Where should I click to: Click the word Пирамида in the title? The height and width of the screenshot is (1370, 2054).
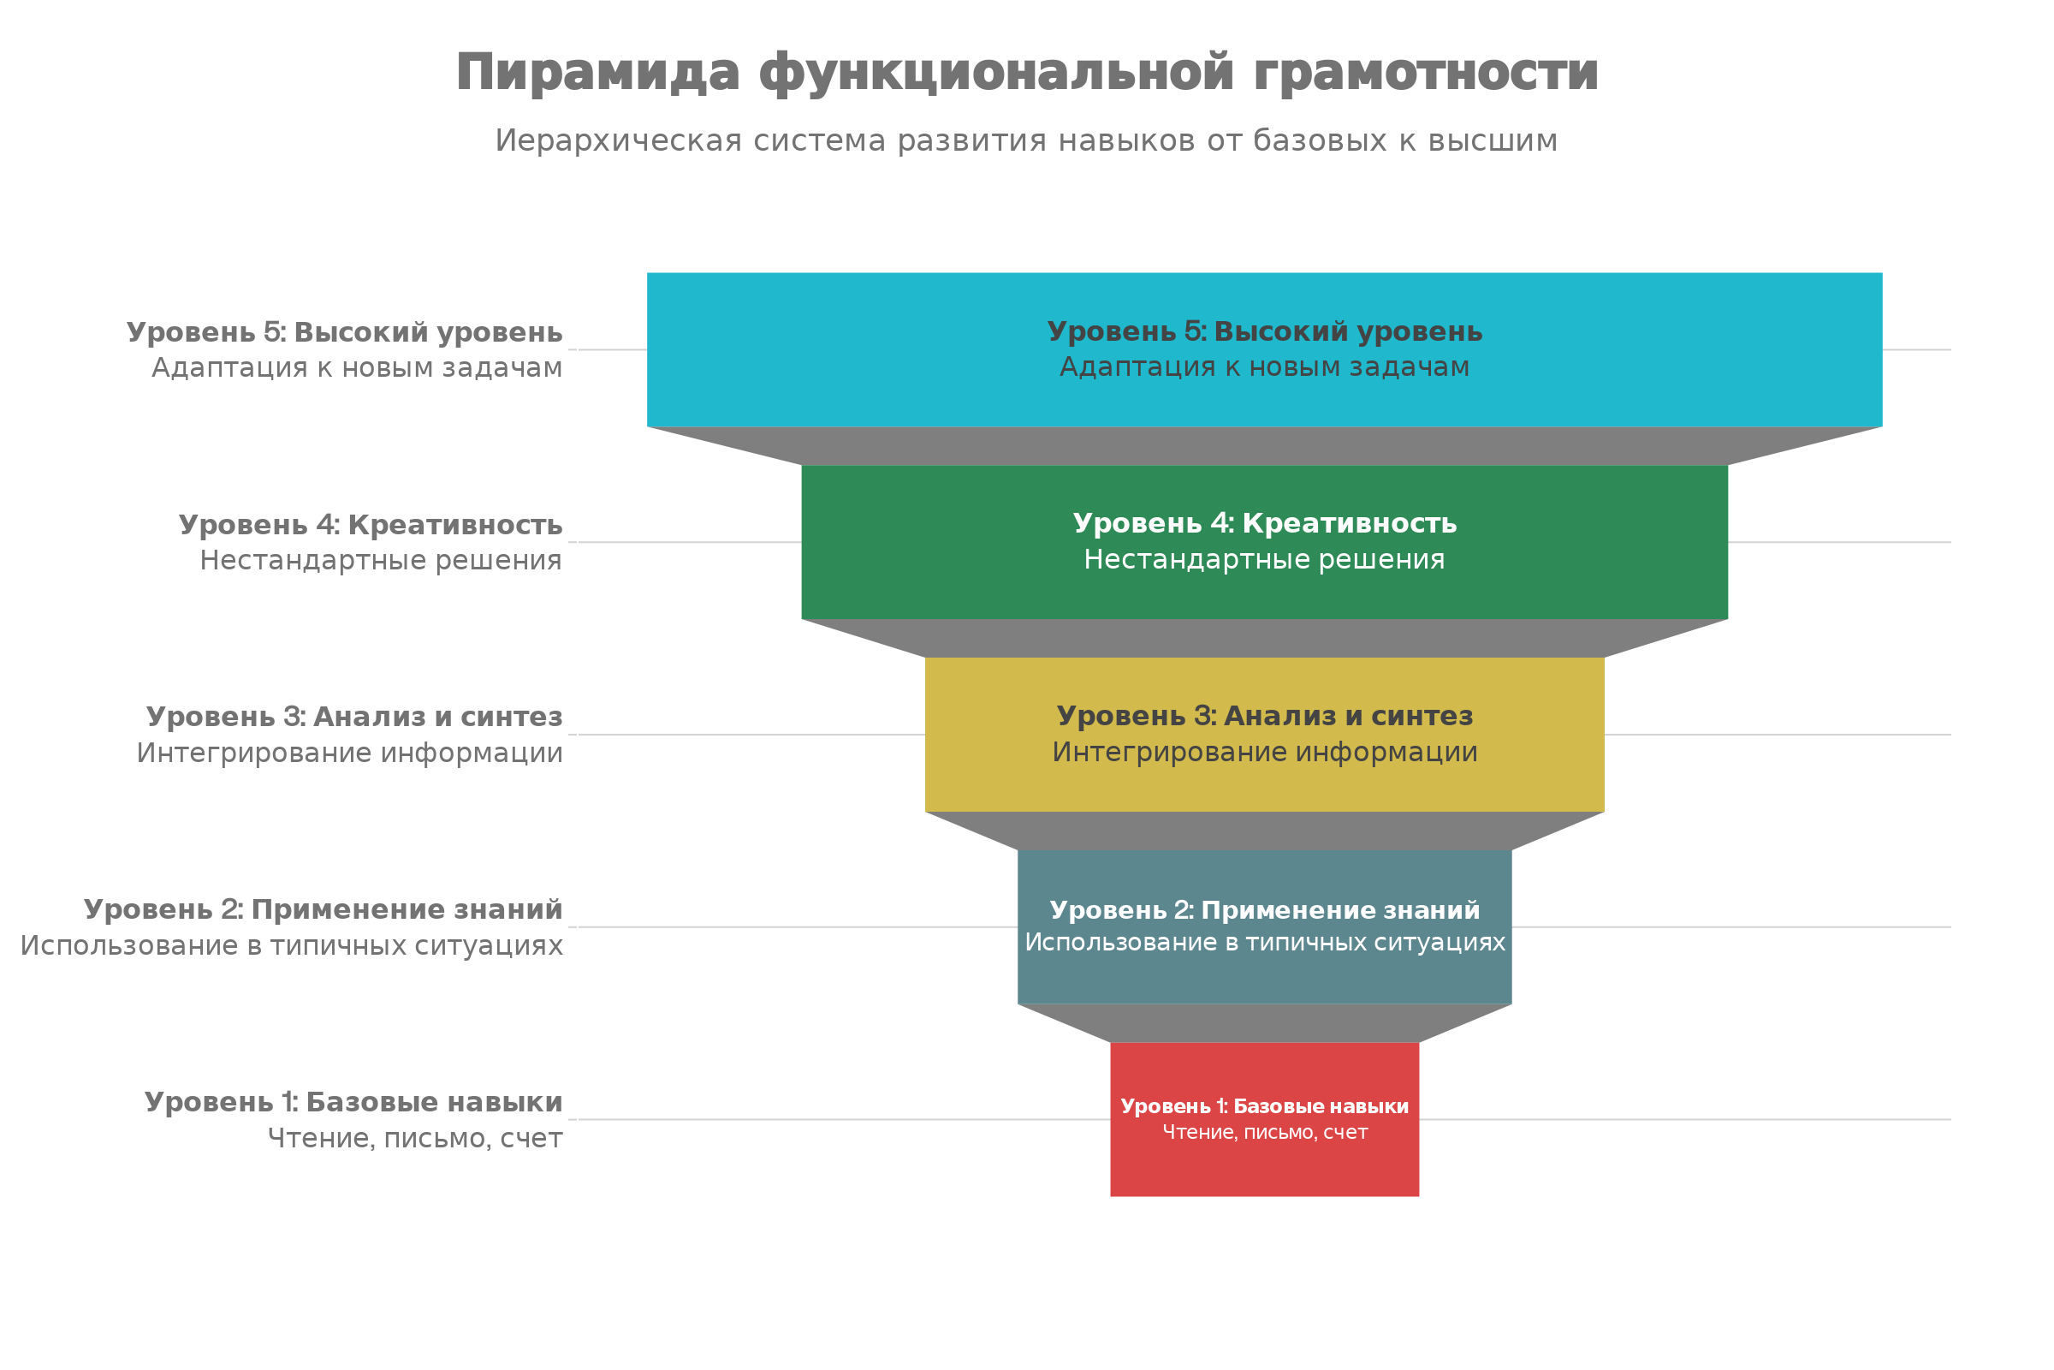click(x=597, y=72)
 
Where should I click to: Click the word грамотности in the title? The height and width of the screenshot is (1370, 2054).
click(x=1425, y=72)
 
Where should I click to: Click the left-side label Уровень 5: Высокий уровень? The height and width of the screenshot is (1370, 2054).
click(x=344, y=332)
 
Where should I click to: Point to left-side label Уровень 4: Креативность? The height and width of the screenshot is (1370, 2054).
click(x=371, y=524)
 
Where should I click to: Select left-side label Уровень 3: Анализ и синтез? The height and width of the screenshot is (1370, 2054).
click(x=353, y=717)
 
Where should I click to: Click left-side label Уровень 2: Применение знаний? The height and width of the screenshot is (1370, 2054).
click(x=324, y=909)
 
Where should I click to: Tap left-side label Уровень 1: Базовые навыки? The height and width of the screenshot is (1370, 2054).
click(x=353, y=1102)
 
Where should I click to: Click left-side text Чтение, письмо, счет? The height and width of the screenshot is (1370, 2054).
click(x=415, y=1139)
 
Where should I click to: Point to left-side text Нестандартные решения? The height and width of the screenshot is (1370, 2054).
click(x=381, y=560)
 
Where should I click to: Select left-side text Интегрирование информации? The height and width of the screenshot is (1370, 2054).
click(x=349, y=753)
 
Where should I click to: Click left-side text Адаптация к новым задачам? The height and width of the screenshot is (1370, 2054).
click(x=356, y=368)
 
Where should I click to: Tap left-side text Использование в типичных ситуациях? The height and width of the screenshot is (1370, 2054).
click(x=292, y=945)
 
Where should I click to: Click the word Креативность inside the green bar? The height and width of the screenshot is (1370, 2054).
click(x=1350, y=523)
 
